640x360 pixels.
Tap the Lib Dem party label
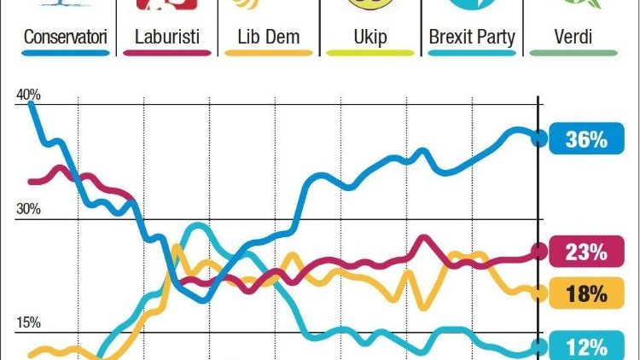click(267, 38)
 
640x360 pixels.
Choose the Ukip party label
click(370, 38)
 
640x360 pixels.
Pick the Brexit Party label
click(471, 38)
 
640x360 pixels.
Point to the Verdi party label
click(573, 38)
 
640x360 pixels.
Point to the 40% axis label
click(28, 95)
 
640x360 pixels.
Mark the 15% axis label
click(28, 322)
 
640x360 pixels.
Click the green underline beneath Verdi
click(573, 54)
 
